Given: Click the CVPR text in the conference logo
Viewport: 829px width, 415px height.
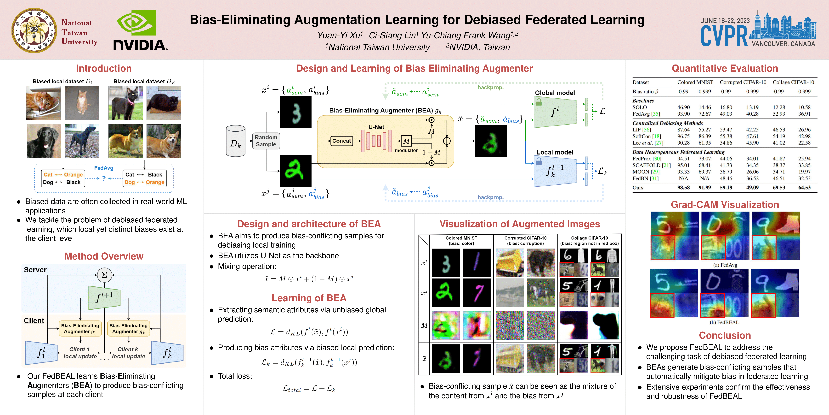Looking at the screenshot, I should coord(724,36).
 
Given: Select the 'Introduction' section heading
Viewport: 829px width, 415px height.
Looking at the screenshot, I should coord(104,68).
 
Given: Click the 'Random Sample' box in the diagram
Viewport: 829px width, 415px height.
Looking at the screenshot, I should coord(266,141).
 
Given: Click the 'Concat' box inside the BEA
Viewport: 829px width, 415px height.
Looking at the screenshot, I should coord(341,141).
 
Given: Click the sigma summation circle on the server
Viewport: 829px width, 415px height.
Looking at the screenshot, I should coord(104,275).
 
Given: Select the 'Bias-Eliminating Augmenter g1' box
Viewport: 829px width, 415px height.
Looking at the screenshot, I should coord(80,328).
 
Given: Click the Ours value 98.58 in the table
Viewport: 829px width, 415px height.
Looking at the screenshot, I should coord(683,188).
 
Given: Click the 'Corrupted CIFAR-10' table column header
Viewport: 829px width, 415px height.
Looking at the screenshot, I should coord(743,82).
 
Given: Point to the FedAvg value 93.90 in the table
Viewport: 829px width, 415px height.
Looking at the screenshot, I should coord(683,114).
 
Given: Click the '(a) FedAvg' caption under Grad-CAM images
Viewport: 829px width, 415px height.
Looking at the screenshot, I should coord(725,265).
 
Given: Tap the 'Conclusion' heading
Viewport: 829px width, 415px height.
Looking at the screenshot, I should coord(725,335).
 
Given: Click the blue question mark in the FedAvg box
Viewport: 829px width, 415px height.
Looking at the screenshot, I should coord(104,178).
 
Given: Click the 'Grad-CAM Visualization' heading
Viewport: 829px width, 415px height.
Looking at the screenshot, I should coord(725,205).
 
